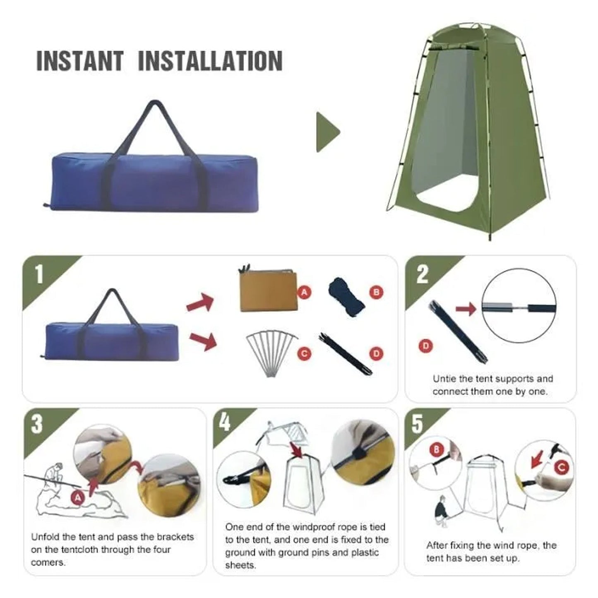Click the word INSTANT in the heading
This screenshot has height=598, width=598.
tap(80, 61)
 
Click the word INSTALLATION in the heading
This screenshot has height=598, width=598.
tap(210, 61)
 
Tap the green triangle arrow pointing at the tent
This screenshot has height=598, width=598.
tap(327, 132)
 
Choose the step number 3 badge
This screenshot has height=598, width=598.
tap(37, 424)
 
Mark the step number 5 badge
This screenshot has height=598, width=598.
tap(417, 424)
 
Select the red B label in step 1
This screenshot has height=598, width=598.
tap(376, 292)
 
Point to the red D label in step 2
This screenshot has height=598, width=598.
tap(425, 346)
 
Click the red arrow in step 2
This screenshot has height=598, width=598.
tap(466, 309)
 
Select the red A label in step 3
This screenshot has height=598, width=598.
tap(78, 498)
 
